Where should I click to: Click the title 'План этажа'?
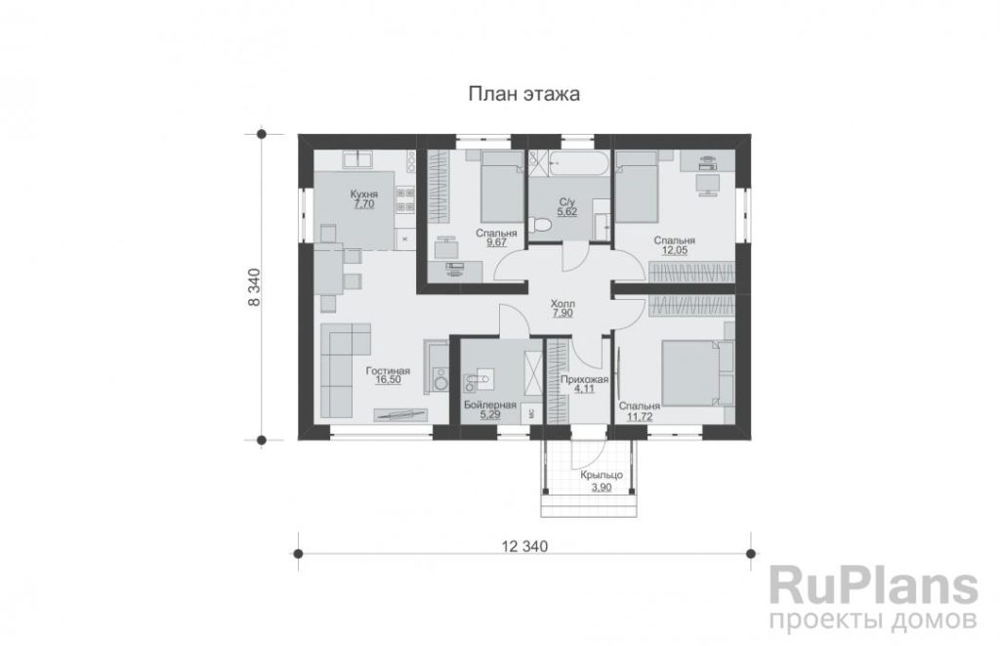click(x=524, y=94)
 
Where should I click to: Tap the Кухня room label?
click(x=363, y=194)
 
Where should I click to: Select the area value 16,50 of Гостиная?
click(x=388, y=380)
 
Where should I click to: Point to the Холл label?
click(x=562, y=304)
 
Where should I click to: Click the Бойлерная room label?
click(x=490, y=405)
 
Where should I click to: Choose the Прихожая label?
click(x=584, y=379)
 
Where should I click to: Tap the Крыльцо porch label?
click(x=602, y=476)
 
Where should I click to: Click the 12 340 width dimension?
click(x=524, y=546)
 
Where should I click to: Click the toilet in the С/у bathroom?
click(x=541, y=227)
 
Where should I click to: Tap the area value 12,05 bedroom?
click(x=674, y=250)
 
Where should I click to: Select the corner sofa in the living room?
click(x=345, y=371)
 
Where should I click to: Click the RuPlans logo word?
click(x=874, y=586)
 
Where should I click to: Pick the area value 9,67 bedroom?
click(x=496, y=243)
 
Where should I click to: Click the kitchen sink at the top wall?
click(x=358, y=159)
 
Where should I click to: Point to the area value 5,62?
click(x=567, y=211)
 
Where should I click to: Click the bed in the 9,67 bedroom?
click(x=502, y=187)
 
